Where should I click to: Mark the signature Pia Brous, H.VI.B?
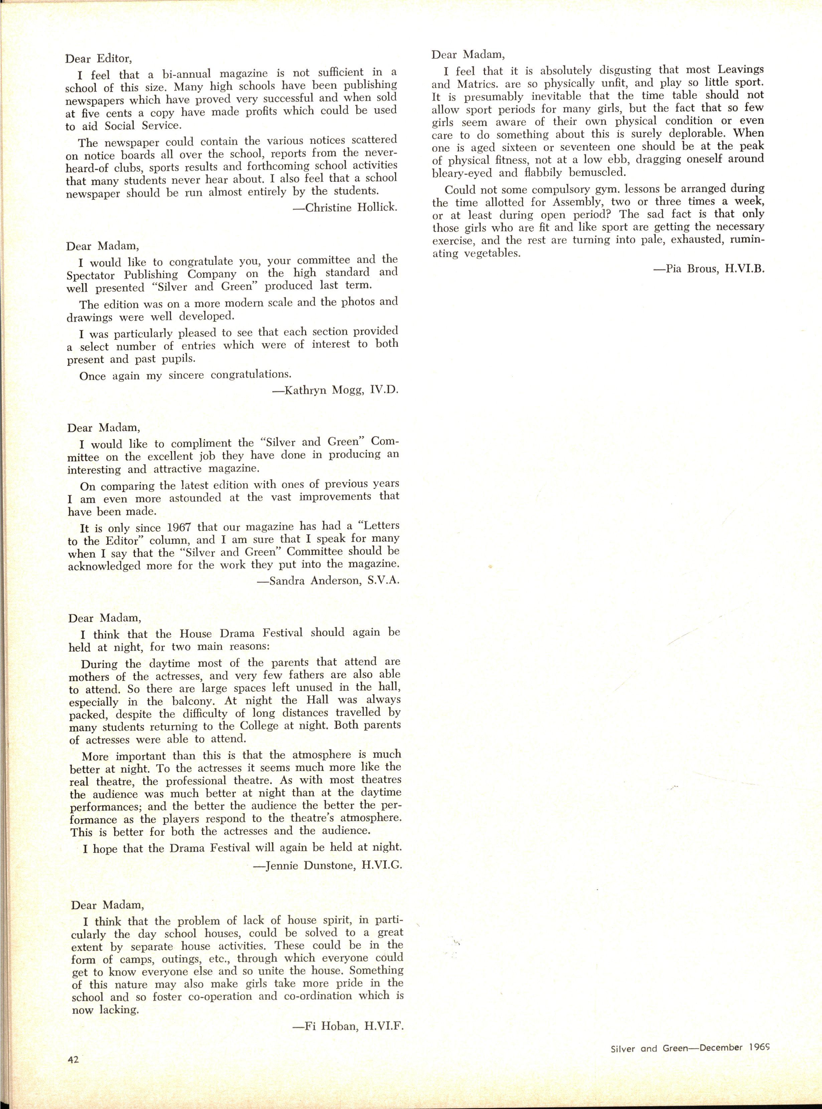pyautogui.click(x=709, y=269)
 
